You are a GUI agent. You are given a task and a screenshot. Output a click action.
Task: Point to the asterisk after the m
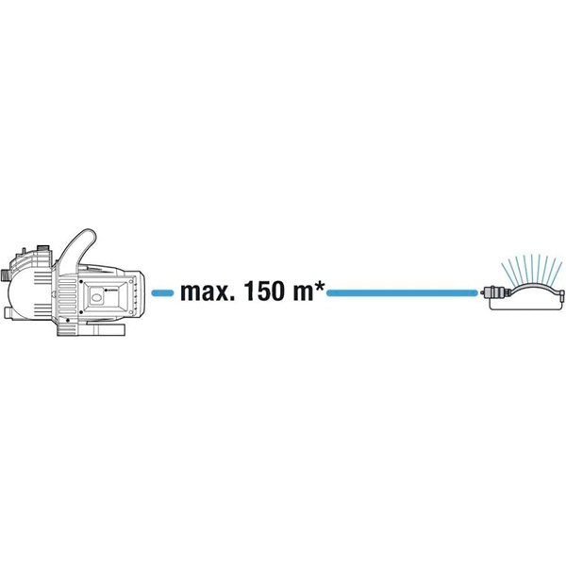tap(320, 285)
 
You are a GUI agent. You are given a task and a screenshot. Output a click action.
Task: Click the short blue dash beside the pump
tap(162, 293)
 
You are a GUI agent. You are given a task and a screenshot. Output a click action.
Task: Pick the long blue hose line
tap(402, 293)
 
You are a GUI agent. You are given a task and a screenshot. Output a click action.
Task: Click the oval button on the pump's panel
tap(96, 298)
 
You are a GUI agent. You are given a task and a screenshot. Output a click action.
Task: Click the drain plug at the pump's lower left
tap(8, 313)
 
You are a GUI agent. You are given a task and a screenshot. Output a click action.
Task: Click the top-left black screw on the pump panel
tap(81, 281)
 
